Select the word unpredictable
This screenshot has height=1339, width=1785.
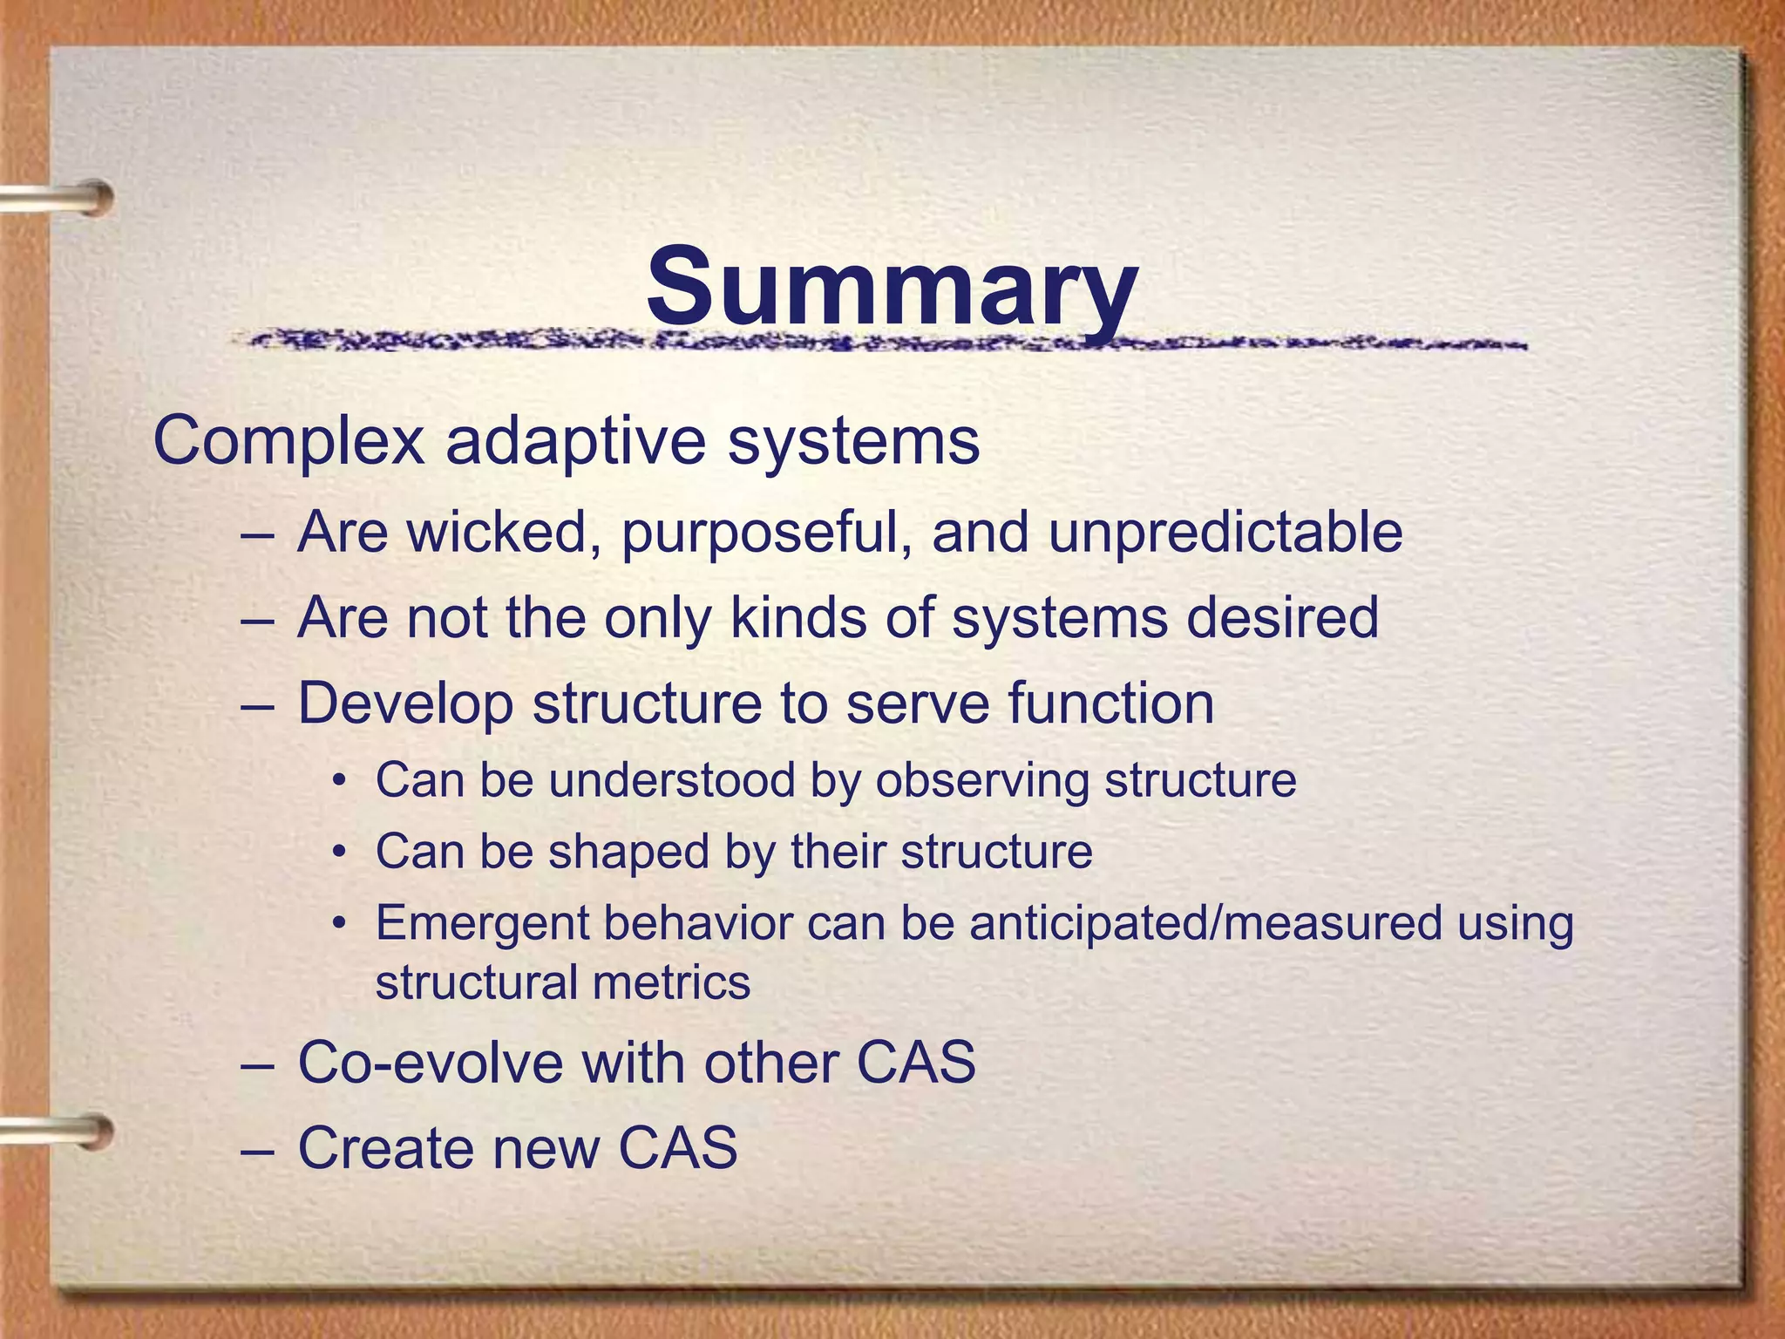pos(1225,534)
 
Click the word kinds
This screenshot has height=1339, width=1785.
pos(798,617)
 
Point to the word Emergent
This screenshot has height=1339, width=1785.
pos(482,924)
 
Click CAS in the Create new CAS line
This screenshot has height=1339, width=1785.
pos(677,1147)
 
